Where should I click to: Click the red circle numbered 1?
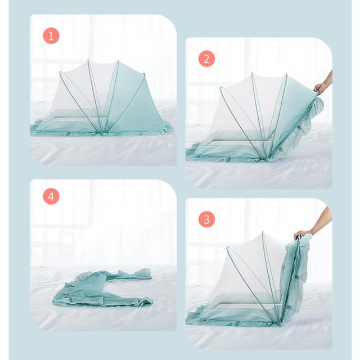51,35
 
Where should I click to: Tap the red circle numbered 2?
206,58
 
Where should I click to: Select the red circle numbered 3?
206,219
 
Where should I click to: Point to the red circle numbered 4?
51,196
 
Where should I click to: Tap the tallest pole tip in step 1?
88,60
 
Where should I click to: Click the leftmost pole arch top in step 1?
61,73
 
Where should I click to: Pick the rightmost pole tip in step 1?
144,74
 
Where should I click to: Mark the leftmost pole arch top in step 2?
221,88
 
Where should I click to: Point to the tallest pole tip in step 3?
263,232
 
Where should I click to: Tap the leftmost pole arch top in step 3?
228,247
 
